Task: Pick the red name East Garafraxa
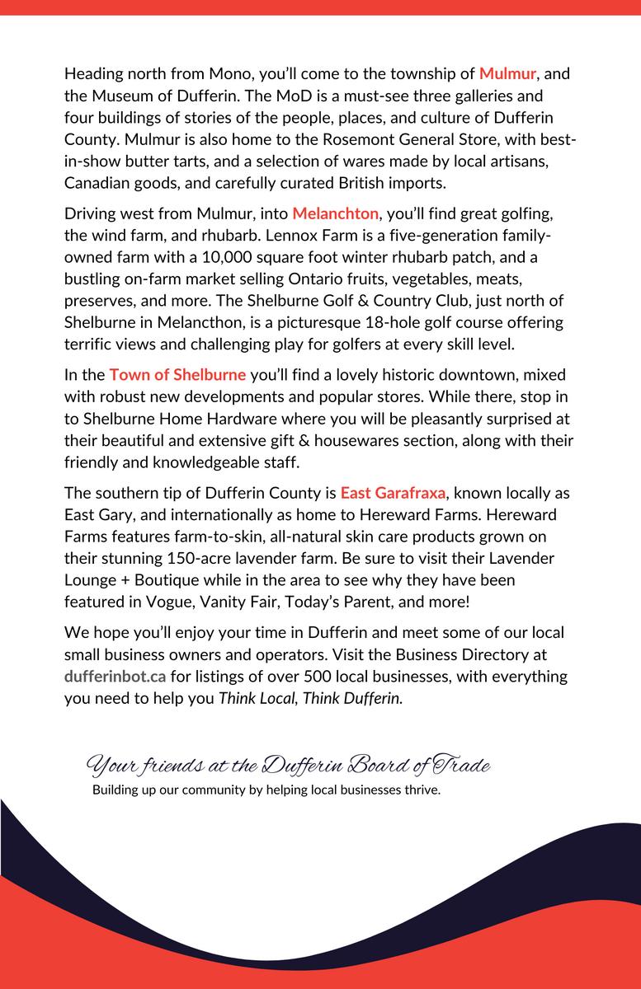394,494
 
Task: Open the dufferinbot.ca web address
115,677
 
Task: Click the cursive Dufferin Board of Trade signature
289,767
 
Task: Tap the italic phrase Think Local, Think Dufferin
310,696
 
